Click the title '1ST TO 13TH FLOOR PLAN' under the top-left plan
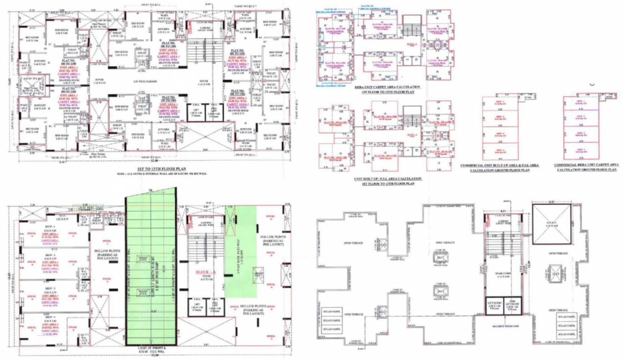click(x=155, y=167)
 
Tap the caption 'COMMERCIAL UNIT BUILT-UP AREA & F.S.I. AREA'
click(x=500, y=165)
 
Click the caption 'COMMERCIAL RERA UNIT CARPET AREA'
click(x=586, y=165)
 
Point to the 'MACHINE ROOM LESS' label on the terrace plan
click(x=503, y=327)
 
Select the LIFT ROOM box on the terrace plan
click(x=494, y=305)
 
